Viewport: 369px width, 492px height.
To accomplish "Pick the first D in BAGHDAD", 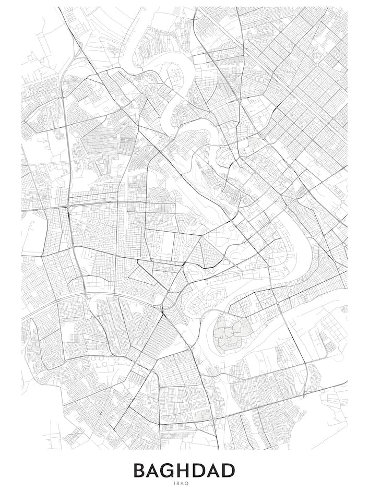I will [x=207, y=471].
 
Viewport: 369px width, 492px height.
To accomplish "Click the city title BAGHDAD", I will [x=184, y=471].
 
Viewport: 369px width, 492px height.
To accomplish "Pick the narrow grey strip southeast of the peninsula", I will [x=329, y=342].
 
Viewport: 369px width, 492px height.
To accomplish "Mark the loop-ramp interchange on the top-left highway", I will [x=78, y=52].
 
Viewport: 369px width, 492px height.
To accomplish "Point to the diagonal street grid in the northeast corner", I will [x=308, y=78].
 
